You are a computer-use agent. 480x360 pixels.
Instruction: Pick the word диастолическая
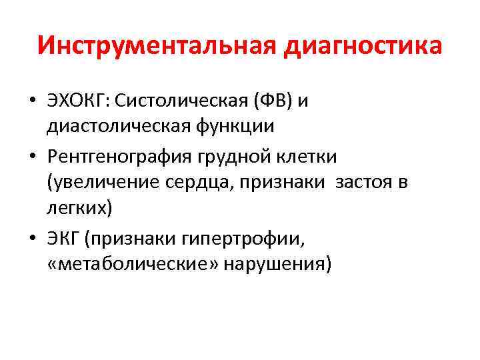(x=121, y=125)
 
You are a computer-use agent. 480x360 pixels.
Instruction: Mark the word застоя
(x=363, y=183)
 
